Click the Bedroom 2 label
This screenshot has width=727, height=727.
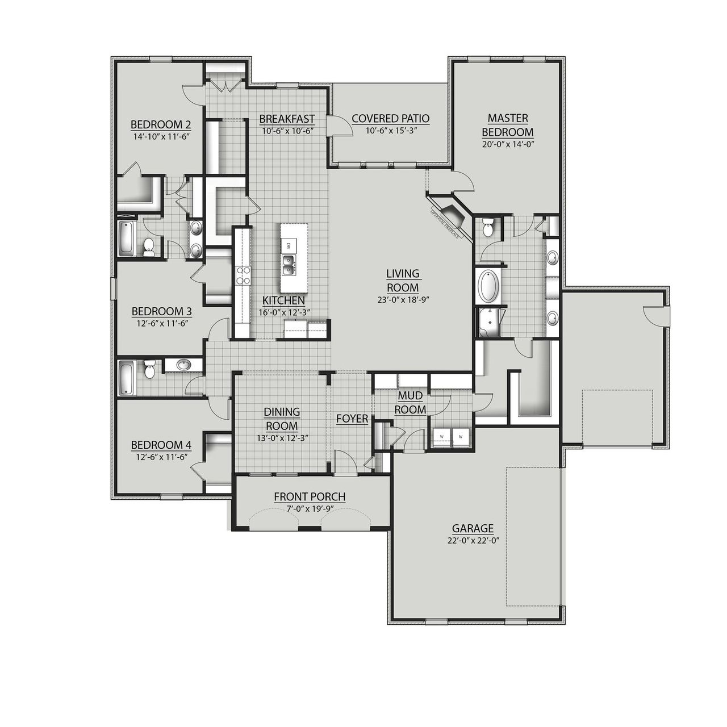tap(160, 125)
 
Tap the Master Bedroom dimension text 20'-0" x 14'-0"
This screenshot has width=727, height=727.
tap(508, 144)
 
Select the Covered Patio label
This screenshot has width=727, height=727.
tap(390, 119)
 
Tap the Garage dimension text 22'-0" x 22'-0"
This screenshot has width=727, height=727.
tap(473, 541)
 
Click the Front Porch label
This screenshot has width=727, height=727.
tap(310, 497)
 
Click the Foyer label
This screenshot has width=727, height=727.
tap(352, 419)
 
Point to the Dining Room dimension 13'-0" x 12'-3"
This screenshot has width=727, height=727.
tap(282, 438)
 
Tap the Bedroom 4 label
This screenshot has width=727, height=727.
tap(160, 445)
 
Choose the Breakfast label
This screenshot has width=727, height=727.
tap(287, 119)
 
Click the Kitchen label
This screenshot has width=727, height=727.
tap(283, 300)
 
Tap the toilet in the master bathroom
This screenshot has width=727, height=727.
tap(487, 229)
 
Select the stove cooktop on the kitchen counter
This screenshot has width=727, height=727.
tap(244, 275)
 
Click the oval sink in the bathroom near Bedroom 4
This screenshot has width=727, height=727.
tap(183, 365)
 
